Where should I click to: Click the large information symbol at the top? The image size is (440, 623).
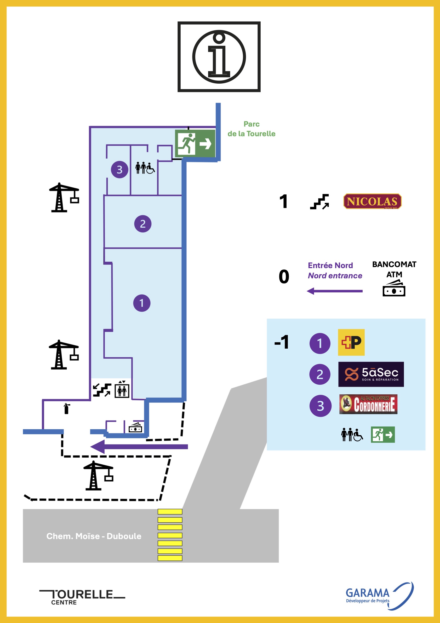pos(219,57)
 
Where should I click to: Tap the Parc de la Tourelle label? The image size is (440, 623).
pos(251,129)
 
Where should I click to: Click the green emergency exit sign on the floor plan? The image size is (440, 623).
pos(195,143)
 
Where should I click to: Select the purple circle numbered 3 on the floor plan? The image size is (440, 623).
pos(119,170)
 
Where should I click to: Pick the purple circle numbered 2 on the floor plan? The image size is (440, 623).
pos(142,224)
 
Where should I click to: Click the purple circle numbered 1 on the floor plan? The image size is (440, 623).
pos(141,303)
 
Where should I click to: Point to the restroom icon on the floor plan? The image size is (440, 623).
pos(145,168)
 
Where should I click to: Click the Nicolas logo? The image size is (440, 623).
pos(372,201)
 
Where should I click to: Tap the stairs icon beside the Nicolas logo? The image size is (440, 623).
pos(319,201)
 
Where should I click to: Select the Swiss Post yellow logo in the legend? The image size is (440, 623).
pos(351,342)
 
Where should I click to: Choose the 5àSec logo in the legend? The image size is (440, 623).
pos(371,374)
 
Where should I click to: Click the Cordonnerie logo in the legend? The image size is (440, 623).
pos(368,404)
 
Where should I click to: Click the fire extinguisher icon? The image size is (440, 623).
pos(66,409)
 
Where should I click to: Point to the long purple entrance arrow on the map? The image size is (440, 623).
pos(139,447)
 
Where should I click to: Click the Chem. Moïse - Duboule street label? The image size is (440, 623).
pos(94,536)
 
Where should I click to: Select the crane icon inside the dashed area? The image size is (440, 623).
pos(98,476)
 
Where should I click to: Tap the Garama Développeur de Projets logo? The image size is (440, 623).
pos(379,596)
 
